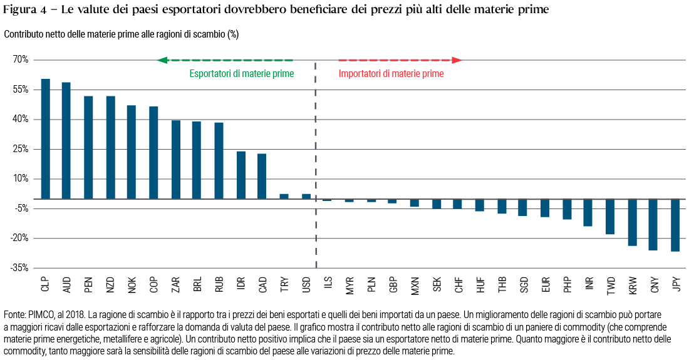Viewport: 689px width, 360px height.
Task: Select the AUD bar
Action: pyautogui.click(x=66, y=140)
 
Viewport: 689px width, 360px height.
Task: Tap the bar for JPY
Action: pyautogui.click(x=675, y=225)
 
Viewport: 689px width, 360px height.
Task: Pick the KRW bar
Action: pyautogui.click(x=632, y=222)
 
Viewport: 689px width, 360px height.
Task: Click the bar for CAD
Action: pyautogui.click(x=262, y=176)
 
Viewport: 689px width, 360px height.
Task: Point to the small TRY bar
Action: pyautogui.click(x=284, y=196)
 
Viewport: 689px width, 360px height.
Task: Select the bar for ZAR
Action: pyautogui.click(x=176, y=159)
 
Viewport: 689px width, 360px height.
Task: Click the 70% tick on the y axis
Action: pyautogui.click(x=21, y=60)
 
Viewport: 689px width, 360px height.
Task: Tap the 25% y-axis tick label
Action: pyautogui.click(x=21, y=149)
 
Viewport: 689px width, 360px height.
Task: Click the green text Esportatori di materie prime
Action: pyautogui.click(x=242, y=74)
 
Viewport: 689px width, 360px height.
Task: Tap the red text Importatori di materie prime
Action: pyautogui.click(x=391, y=74)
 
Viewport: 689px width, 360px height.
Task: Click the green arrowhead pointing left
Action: pyautogui.click(x=162, y=60)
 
